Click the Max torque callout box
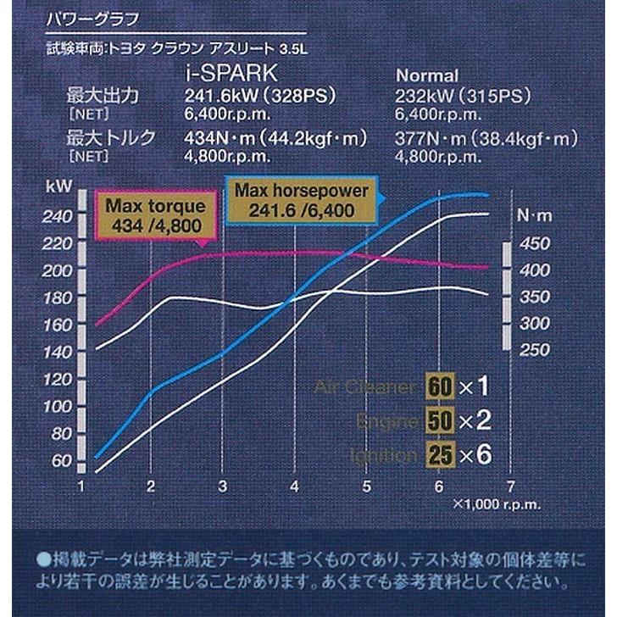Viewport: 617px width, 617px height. [x=154, y=215]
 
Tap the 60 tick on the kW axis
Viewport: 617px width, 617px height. [x=61, y=461]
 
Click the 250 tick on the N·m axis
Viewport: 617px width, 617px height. [x=534, y=350]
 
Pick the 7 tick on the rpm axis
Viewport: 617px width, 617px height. [x=509, y=486]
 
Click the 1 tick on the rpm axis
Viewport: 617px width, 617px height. [x=81, y=486]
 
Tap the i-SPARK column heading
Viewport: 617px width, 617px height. [x=222, y=75]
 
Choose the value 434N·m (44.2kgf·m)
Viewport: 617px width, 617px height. [x=275, y=137]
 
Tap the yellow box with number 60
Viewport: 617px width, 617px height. [x=440, y=387]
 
